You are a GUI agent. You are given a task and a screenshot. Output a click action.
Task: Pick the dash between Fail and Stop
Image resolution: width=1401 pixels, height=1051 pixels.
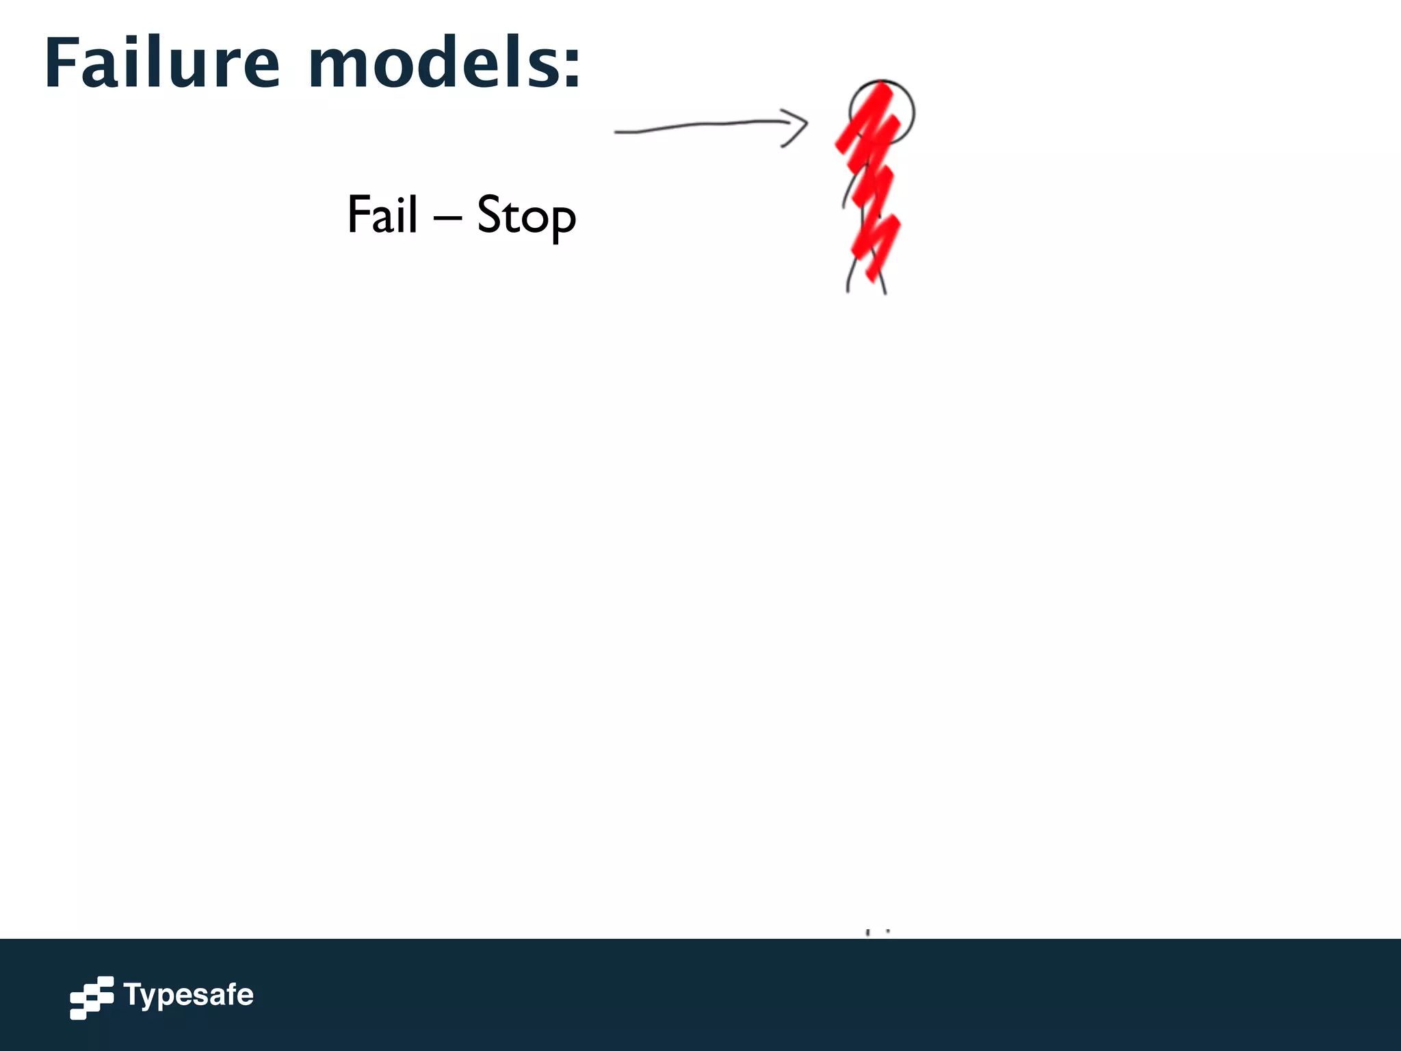click(447, 218)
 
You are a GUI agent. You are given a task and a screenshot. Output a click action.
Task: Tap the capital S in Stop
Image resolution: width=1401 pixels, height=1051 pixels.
click(490, 214)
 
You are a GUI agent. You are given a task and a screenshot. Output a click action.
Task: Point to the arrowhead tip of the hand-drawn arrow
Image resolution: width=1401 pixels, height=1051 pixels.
click(807, 124)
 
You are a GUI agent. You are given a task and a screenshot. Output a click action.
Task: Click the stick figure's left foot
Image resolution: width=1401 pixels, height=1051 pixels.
click(848, 290)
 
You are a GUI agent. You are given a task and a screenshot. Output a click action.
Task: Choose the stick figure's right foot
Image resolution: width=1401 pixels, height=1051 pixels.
click(885, 292)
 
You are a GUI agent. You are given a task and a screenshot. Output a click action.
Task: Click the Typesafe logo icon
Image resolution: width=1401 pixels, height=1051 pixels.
click(91, 997)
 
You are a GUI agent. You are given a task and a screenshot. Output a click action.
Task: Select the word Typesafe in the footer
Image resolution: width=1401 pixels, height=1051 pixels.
click(188, 995)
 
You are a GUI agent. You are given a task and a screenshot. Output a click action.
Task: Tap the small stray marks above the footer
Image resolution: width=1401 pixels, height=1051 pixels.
click(877, 932)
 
